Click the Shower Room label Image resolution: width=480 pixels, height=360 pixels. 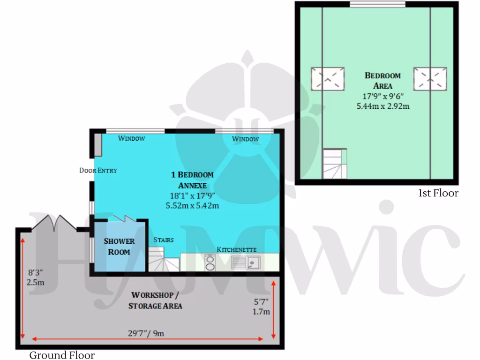coord(119,247)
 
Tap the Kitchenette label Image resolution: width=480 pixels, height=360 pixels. coord(236,249)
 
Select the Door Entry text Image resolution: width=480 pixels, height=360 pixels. coord(98,171)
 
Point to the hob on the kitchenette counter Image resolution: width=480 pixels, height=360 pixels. coord(210,262)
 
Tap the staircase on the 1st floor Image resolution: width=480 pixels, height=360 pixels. coord(335,163)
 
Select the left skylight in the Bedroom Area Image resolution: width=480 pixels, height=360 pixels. coord(328,78)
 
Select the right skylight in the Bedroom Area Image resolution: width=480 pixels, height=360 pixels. coord(430,78)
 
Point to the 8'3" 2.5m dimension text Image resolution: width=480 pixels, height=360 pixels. coord(36,277)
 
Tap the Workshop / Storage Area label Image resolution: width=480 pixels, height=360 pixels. coord(155,300)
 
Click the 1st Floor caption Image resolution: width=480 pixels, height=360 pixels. coord(438,193)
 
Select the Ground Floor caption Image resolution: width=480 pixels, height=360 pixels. coord(62,355)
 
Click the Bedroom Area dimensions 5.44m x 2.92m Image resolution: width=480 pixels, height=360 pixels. coord(383,106)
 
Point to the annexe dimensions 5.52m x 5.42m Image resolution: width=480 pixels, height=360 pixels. coord(192,205)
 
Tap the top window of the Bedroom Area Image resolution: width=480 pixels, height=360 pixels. coord(377,5)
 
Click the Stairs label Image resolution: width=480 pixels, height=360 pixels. coord(164,240)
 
